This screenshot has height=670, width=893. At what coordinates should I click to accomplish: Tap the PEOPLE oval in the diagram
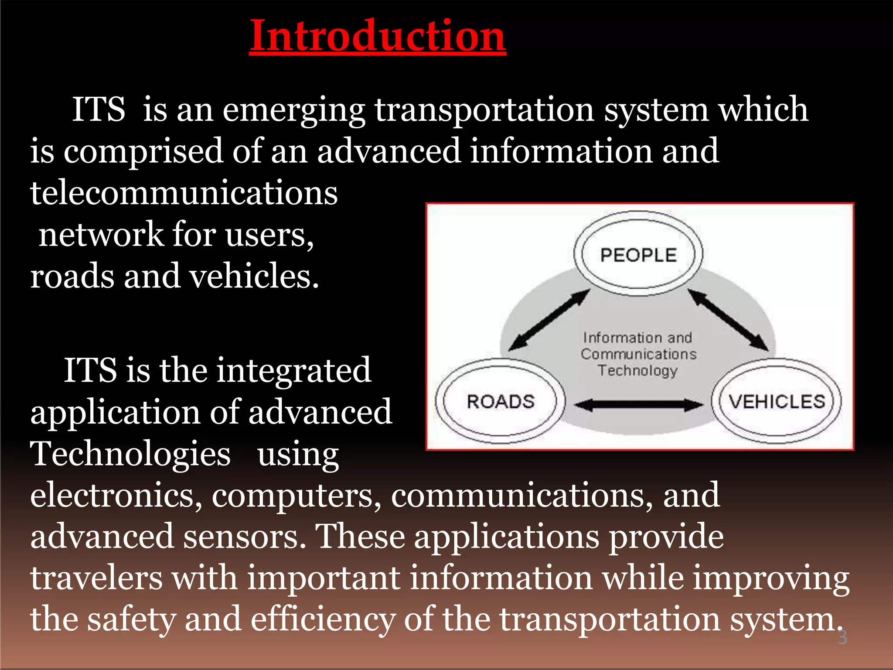tap(638, 255)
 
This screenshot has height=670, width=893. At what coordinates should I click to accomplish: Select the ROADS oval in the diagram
tap(501, 401)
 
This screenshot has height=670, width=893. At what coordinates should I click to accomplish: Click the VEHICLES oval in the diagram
tap(777, 401)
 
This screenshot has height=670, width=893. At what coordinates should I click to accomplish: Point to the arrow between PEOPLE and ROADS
tap(549, 321)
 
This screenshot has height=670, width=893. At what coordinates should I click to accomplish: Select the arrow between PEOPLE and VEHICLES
tap(728, 321)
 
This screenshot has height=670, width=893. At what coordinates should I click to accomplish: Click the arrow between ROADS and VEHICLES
tap(638, 405)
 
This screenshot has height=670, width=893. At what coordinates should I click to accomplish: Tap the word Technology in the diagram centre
tap(637, 370)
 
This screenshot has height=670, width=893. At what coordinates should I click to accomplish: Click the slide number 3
tap(842, 637)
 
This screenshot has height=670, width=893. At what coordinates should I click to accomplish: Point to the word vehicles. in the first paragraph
tap(254, 276)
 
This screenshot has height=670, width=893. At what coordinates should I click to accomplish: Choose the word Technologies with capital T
tap(130, 454)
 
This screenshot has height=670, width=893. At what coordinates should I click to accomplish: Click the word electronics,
tap(116, 495)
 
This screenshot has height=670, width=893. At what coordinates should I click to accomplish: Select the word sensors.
tap(244, 537)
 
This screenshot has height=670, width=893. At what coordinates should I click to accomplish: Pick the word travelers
tap(96, 578)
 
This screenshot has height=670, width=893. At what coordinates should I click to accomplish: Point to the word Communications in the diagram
tap(638, 354)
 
